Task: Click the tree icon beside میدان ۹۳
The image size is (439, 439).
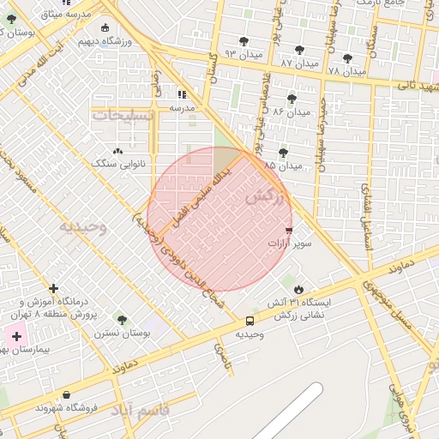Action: pos(244,40)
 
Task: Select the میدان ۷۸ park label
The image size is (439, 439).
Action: pos(346,69)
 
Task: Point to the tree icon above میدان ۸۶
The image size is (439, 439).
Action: pos(292,99)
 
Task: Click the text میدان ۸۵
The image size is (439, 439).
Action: pos(283,165)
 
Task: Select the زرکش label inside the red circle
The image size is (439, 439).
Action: pos(263,196)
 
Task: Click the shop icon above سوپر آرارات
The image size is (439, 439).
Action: pos(288,231)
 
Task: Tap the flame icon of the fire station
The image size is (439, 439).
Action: pos(298,289)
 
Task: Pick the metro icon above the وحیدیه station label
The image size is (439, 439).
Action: pos(250,321)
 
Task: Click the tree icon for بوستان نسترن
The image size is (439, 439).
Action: pos(121,319)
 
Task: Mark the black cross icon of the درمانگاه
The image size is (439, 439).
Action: pos(54,289)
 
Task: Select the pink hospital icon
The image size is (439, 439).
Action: pos(16,335)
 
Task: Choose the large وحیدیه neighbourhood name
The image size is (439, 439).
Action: pos(83,227)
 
